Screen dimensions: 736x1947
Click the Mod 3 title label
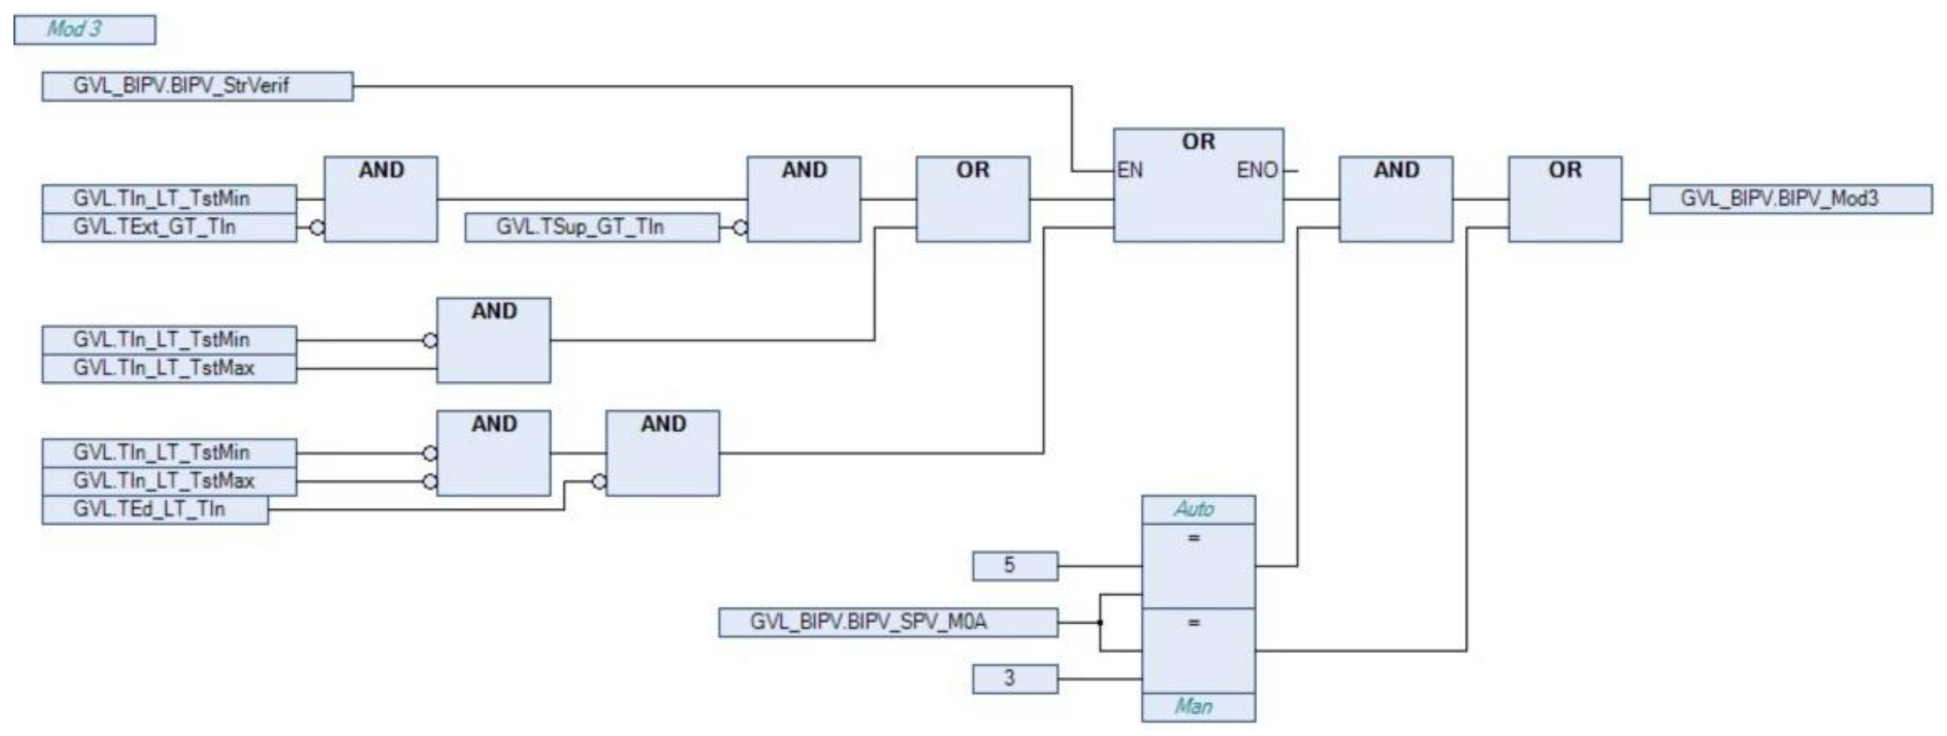84,29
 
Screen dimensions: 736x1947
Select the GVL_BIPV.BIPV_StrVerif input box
197,86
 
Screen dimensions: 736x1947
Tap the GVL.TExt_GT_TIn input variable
168,227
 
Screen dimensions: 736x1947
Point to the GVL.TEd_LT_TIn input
155,509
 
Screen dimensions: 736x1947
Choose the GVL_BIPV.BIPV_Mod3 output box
1790,200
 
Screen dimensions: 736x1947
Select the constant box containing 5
1015,566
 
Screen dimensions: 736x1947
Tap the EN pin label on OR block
1130,171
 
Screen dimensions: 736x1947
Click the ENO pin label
1256,171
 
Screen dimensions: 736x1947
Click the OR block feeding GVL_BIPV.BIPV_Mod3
1564,200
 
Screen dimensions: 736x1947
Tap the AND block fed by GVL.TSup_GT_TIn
803,200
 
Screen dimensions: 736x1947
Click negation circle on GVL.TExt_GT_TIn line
317,227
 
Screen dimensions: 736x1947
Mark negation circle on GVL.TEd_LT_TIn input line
599,481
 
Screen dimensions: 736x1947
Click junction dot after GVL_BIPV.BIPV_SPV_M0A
1100,623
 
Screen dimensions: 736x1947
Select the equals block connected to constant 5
1198,566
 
